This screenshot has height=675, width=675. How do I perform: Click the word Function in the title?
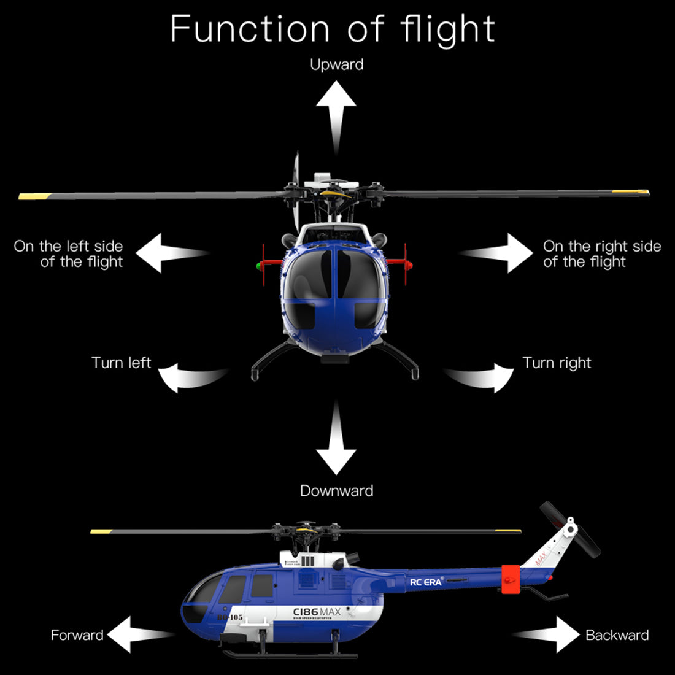251,29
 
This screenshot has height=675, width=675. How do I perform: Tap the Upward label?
336,64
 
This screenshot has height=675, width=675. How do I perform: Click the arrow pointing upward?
336,114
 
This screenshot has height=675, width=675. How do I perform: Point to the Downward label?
336,491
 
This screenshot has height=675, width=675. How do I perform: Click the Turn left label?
121,363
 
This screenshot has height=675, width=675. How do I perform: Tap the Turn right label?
557,363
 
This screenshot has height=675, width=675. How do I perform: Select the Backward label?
617,635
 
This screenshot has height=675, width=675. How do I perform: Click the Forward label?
77,635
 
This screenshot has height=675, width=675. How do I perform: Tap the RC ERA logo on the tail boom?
426,581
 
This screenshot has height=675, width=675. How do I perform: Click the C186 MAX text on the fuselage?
317,612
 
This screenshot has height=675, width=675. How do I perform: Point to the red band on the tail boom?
511,579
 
